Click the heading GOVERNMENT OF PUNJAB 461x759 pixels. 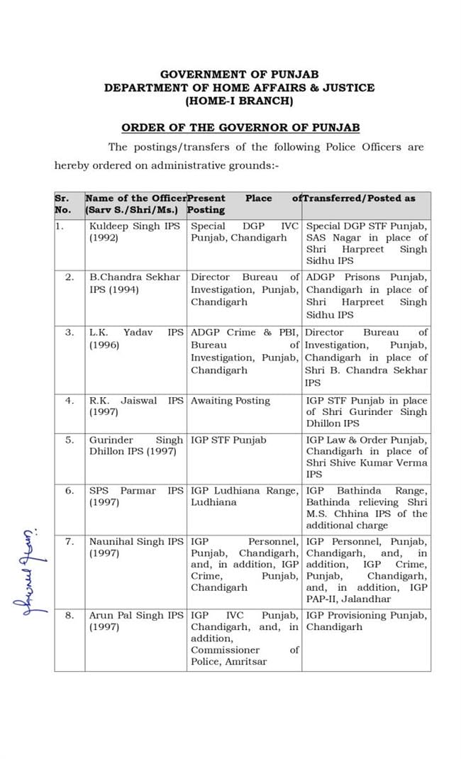coord(239,74)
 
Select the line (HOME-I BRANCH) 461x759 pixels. coord(239,101)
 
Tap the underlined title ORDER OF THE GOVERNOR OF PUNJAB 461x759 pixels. coord(240,128)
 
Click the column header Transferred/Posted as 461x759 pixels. coord(359,199)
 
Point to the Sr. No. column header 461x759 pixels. coord(63,204)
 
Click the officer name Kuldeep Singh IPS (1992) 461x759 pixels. coord(135,232)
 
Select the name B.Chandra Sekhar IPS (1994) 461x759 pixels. coord(135,283)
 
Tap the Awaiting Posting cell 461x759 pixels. coord(230,401)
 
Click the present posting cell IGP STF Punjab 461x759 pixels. coord(228,440)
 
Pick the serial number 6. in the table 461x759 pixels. coord(70,491)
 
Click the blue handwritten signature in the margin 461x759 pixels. coord(27,570)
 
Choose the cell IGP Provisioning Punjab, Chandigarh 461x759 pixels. coord(366,621)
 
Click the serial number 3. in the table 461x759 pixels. coord(70,333)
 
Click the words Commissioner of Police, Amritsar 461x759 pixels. coord(245,655)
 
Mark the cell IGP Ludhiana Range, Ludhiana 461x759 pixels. coord(244,497)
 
